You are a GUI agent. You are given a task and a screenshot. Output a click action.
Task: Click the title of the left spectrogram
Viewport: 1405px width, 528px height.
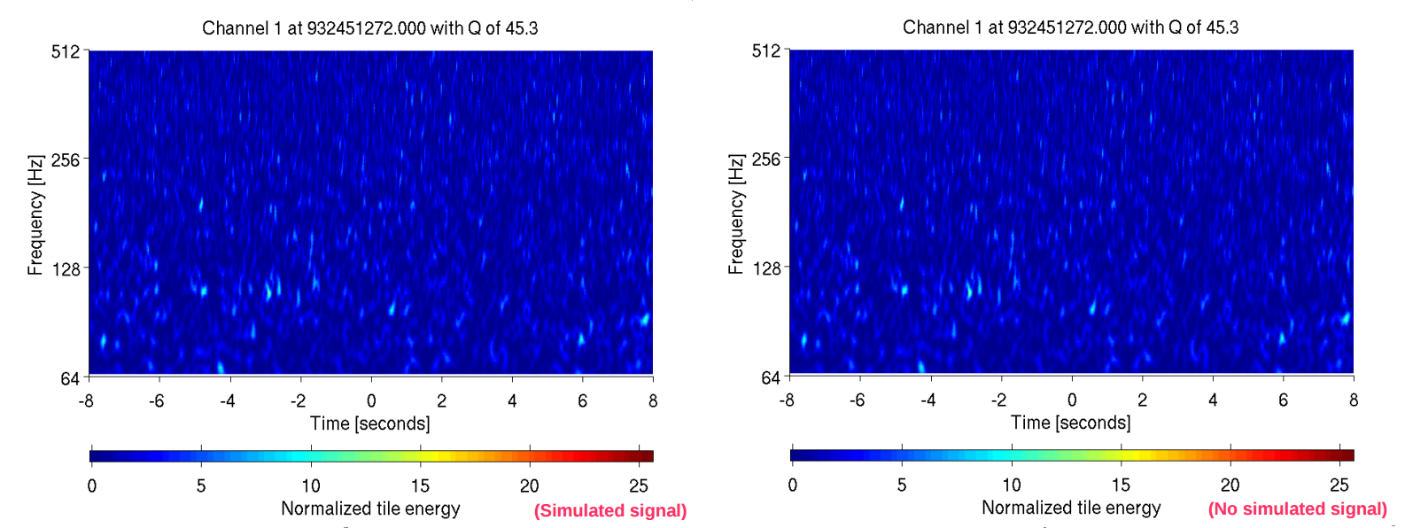tap(369, 28)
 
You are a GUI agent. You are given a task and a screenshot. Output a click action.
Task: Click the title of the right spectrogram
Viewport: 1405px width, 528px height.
tap(1070, 27)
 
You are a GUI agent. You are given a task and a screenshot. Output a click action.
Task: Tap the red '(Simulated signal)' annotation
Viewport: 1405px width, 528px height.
tap(609, 510)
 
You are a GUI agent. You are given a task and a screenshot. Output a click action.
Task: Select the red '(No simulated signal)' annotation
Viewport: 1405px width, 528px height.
tap(1297, 509)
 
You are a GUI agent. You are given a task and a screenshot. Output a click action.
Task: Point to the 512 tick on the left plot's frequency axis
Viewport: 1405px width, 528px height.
tap(66, 51)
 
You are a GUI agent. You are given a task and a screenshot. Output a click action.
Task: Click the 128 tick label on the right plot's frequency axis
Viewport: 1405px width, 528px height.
tap(766, 268)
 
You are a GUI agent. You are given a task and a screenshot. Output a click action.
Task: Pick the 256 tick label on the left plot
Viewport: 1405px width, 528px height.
tap(66, 160)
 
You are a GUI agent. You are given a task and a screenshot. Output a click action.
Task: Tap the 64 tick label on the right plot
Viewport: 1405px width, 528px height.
tap(771, 377)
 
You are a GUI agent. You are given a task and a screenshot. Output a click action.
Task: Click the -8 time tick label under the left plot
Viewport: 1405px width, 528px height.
tap(86, 400)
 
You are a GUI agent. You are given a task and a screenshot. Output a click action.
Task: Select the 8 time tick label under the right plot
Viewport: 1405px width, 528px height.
tap(1353, 400)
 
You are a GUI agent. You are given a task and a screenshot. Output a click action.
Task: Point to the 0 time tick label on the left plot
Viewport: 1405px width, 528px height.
tap(371, 400)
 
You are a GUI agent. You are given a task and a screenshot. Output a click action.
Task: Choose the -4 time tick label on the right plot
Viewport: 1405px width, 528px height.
tap(928, 400)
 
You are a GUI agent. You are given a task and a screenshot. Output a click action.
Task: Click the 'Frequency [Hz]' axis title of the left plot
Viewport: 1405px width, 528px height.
tap(35, 215)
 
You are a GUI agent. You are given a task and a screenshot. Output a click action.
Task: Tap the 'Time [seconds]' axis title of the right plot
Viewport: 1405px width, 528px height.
tap(1070, 423)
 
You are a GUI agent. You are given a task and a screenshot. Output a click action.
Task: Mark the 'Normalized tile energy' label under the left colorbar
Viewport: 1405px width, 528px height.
tap(370, 509)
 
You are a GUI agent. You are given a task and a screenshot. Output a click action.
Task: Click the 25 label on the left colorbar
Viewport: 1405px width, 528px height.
tap(639, 485)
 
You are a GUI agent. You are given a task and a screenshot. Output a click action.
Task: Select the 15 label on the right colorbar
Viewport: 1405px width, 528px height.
tap(1121, 485)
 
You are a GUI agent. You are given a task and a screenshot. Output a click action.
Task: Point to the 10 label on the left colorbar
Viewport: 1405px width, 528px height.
tap(311, 485)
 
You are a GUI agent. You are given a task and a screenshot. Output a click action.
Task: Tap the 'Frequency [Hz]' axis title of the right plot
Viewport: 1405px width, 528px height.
tap(736, 214)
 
